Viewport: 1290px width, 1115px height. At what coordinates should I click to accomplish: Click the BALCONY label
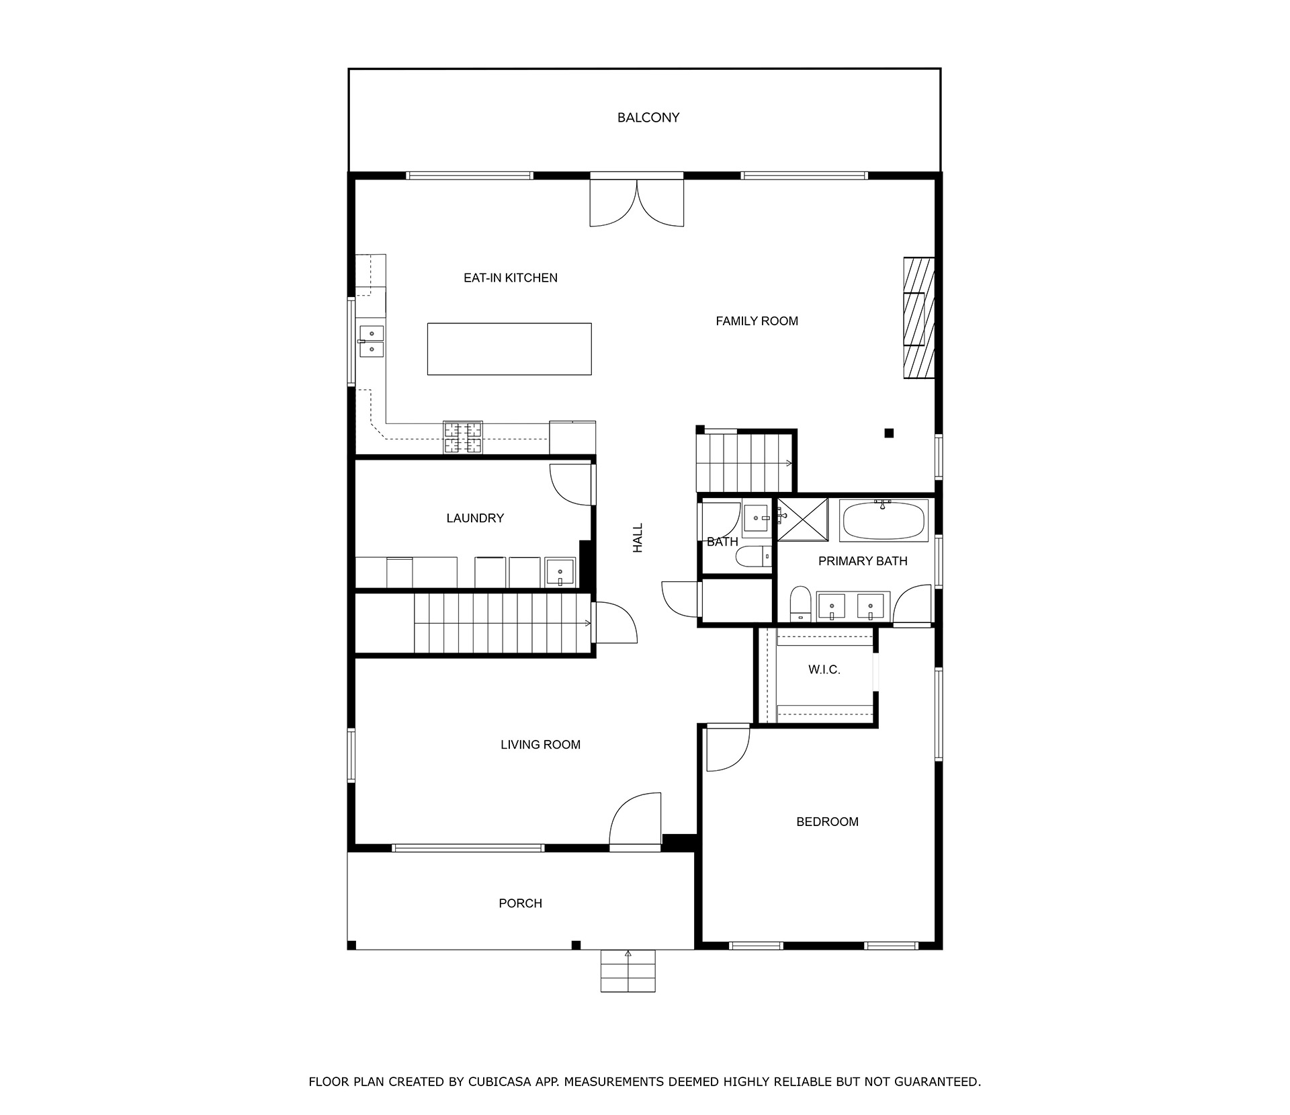click(648, 118)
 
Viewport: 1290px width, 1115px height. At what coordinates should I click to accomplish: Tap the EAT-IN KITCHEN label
click(511, 278)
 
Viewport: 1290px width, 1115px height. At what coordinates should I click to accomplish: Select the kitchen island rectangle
click(509, 349)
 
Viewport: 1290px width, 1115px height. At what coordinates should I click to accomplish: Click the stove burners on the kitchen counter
click(463, 437)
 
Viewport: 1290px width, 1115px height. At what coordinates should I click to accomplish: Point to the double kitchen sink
click(371, 341)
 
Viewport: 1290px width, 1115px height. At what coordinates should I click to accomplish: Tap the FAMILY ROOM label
click(757, 321)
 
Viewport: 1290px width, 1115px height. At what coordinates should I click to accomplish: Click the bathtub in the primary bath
click(884, 520)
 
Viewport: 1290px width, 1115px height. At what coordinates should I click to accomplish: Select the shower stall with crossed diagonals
click(803, 519)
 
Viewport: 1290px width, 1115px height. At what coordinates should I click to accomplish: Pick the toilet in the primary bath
click(800, 604)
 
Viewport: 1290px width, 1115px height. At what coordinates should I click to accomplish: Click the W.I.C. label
click(824, 670)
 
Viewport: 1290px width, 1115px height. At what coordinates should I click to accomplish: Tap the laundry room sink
click(560, 573)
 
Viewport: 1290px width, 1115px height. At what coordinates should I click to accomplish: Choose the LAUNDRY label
click(475, 518)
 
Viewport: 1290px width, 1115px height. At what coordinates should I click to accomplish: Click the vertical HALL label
click(638, 538)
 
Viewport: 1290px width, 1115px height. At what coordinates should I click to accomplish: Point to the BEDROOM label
click(827, 822)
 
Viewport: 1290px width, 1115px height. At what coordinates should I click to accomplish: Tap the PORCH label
click(521, 904)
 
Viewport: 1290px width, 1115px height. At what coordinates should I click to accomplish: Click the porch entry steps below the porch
click(628, 971)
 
